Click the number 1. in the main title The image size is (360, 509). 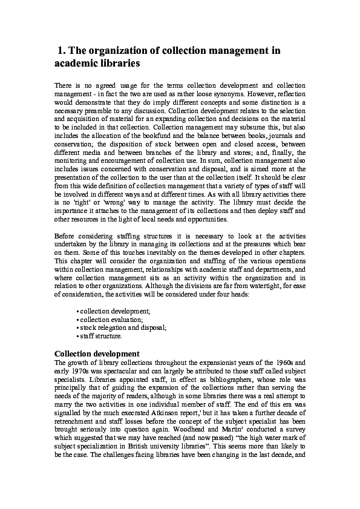click(62, 51)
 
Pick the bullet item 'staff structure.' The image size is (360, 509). click(101, 335)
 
